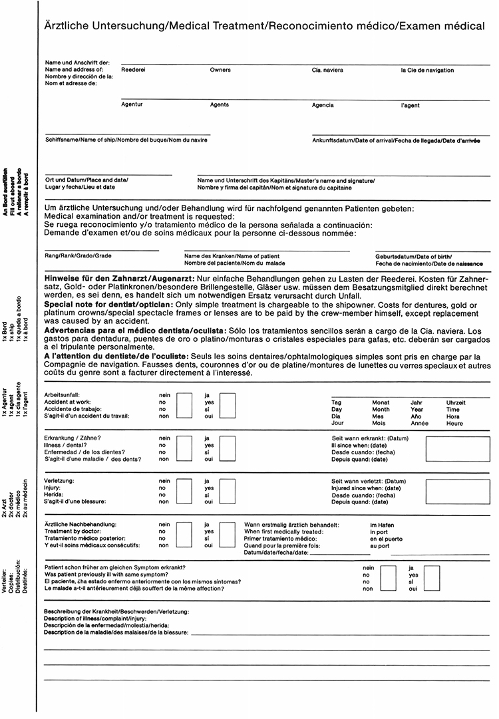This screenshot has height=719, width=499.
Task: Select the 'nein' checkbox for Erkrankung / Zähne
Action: pos(184,449)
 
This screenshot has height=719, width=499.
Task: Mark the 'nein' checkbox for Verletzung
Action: pos(184,490)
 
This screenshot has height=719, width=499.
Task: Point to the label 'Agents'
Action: pos(220,105)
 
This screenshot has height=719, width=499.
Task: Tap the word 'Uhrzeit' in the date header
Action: pos(456,403)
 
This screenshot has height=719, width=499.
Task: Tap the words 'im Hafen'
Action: pos(382,525)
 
